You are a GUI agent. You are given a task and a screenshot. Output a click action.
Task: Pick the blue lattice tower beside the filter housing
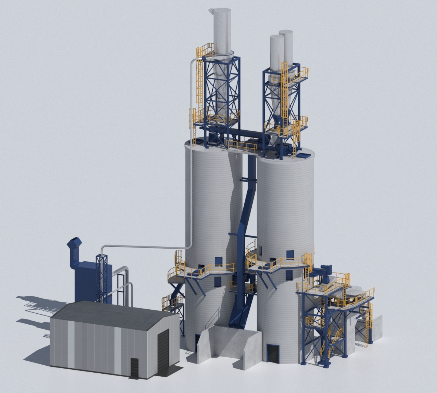(x=102, y=277)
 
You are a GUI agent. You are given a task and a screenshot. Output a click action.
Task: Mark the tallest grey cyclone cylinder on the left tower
(x=222, y=31)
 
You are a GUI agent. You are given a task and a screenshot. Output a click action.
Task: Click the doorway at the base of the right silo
(x=272, y=353)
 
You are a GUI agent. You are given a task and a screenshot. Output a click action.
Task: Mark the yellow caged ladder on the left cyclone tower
(x=200, y=82)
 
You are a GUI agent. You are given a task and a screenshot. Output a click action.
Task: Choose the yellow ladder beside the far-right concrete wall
(x=369, y=326)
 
